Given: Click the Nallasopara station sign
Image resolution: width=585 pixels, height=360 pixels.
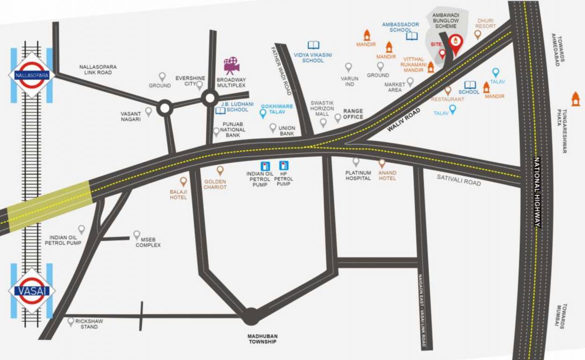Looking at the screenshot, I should (x=31, y=75).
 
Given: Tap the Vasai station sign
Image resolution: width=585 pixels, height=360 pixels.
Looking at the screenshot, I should (x=31, y=291).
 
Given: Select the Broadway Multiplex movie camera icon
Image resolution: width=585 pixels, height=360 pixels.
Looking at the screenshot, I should (x=231, y=66).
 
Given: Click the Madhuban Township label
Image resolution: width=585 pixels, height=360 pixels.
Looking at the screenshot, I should (x=263, y=339).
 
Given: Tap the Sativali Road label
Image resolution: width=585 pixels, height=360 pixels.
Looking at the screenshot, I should (x=458, y=180).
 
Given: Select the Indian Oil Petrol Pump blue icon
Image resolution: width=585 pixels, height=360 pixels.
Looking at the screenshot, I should (x=265, y=166).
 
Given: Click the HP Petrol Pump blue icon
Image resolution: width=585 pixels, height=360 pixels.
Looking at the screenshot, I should (x=283, y=165).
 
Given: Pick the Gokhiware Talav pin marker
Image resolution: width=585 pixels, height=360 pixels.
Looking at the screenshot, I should (x=263, y=113).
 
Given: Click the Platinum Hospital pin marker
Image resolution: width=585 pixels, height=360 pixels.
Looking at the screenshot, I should (x=356, y=162).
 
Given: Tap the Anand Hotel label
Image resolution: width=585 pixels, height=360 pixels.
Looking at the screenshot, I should (x=387, y=175).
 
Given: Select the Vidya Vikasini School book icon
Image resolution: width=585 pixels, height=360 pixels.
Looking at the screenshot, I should (x=313, y=45).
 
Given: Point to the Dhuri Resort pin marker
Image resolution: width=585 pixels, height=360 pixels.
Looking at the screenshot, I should (x=478, y=34).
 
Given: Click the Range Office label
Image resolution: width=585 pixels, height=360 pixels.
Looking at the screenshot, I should (x=353, y=114).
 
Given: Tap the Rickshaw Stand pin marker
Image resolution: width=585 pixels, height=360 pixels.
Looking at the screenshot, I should (x=71, y=322).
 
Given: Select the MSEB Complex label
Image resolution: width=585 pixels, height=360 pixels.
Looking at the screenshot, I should (x=148, y=242).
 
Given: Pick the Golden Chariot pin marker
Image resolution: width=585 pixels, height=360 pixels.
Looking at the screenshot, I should (x=220, y=171).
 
